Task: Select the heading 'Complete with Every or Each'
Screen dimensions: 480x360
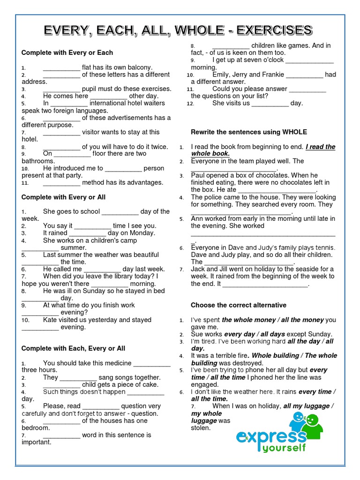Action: click(67, 52)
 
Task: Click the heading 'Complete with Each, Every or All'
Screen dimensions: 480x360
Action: click(73, 348)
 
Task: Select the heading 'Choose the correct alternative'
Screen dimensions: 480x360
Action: click(238, 305)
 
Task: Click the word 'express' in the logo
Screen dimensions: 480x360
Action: click(269, 437)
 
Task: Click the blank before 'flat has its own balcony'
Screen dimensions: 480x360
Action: click(61, 67)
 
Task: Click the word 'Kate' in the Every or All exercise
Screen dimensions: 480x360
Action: click(50, 320)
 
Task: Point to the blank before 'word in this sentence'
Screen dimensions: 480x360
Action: click(61, 435)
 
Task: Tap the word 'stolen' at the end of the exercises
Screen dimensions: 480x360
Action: click(201, 428)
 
